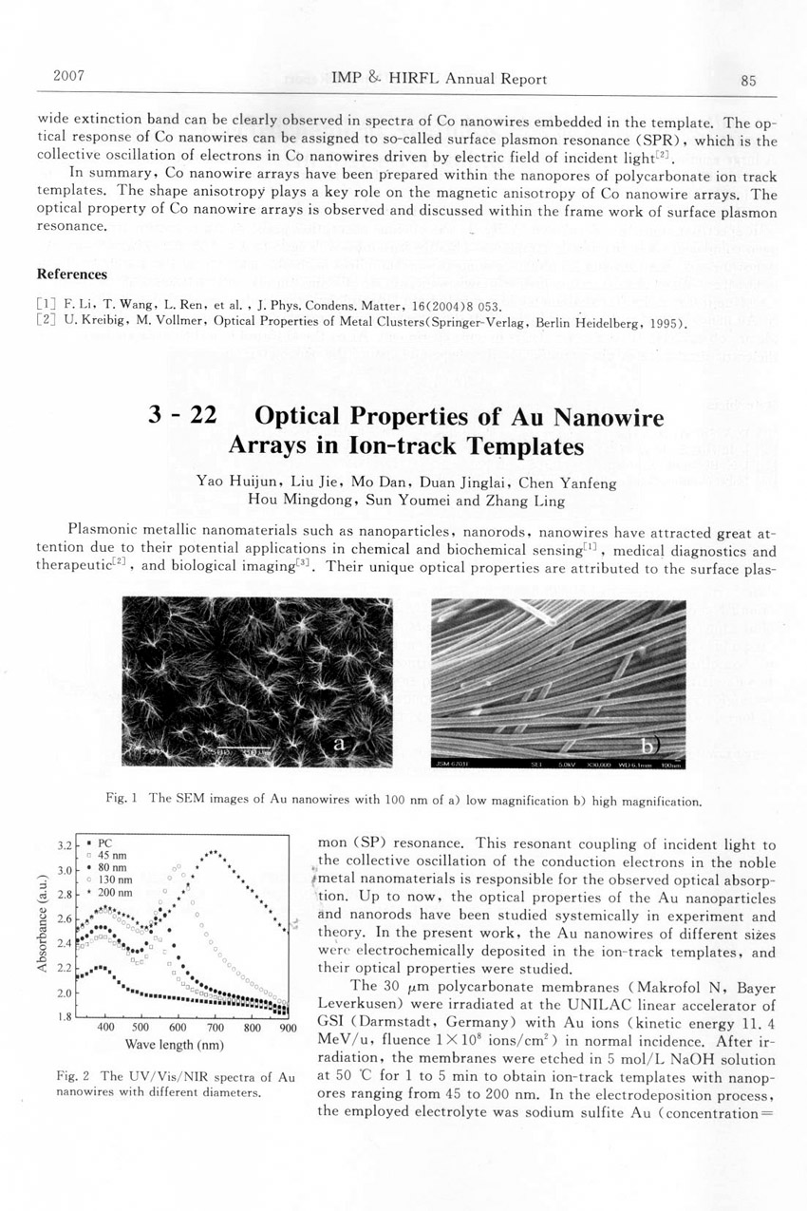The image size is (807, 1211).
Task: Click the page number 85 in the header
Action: (748, 81)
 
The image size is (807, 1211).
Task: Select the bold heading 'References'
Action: (71, 275)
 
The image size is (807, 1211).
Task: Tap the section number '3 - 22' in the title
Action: (186, 417)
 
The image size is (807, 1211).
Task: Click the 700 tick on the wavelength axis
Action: (215, 1027)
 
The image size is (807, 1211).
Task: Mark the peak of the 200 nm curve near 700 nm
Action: (215, 852)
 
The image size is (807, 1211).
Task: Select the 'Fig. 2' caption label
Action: (72, 1076)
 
